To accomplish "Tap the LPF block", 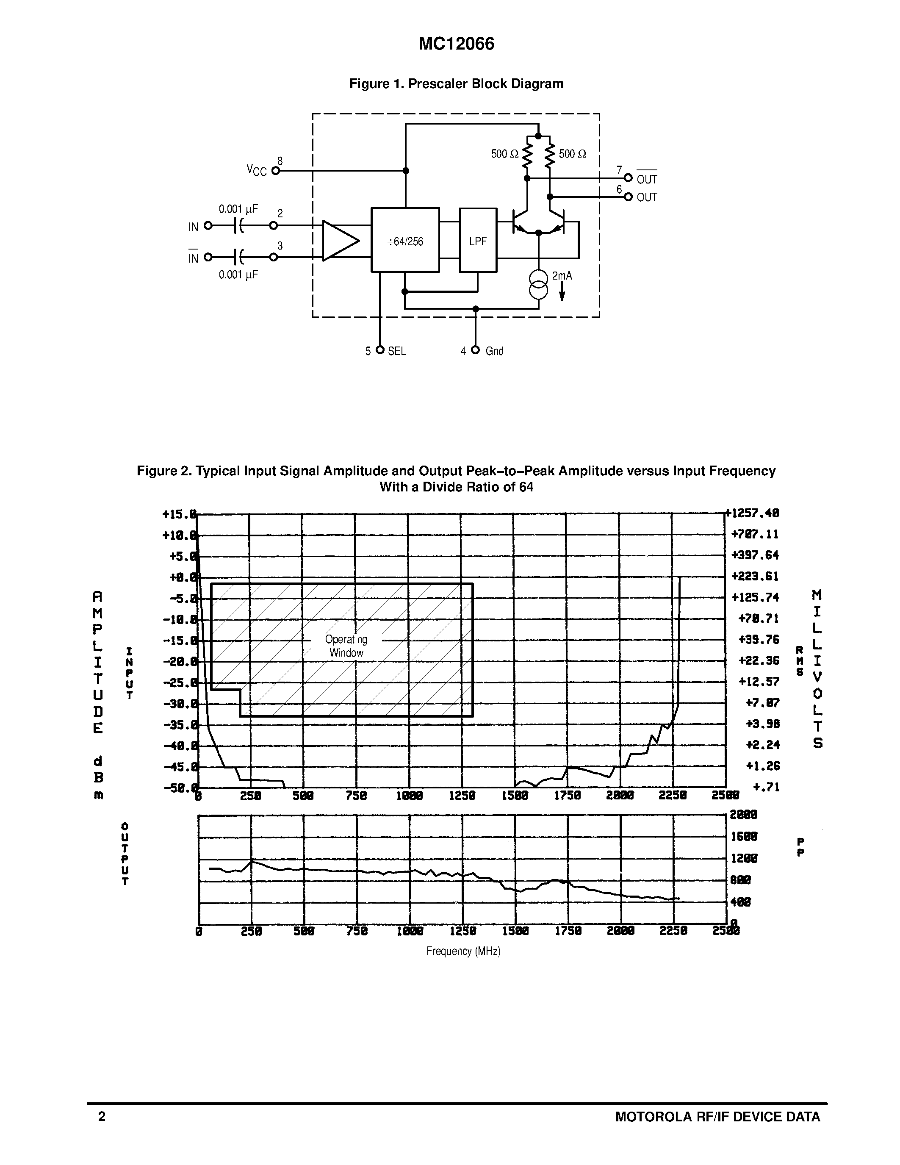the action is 478,241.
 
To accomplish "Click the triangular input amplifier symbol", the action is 340,241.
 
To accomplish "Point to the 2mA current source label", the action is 562,276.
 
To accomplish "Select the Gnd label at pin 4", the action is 494,351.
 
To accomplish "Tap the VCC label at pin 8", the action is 257,171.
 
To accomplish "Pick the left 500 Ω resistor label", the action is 504,154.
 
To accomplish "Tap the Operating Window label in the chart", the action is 346,646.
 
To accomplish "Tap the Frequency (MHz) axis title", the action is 463,951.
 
